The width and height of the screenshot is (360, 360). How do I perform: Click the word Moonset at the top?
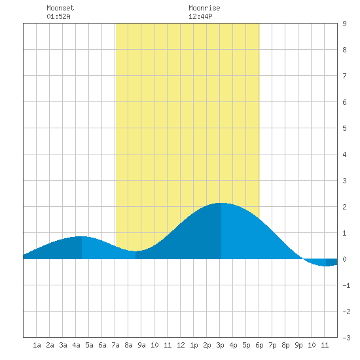60,8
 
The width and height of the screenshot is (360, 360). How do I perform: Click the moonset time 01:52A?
58,16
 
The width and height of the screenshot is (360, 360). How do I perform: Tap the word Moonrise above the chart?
204,8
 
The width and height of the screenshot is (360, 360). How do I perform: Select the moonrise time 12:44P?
200,16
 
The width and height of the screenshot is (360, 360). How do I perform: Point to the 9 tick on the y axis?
344,24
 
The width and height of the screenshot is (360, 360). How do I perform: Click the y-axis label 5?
344,128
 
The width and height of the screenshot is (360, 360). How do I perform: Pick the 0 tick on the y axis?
344,259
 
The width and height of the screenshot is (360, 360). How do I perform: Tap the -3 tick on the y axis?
346,338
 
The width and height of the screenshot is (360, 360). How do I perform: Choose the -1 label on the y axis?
346,285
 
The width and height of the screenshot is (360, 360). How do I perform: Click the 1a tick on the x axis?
37,345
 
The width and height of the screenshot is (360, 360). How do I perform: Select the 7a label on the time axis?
115,345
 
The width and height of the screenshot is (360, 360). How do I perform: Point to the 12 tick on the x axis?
181,345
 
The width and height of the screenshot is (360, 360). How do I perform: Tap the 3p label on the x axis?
220,345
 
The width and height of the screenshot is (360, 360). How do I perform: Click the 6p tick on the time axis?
259,345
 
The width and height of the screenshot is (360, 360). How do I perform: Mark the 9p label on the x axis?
298,345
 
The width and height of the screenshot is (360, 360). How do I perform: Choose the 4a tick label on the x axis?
76,345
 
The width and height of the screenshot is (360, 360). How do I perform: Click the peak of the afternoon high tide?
221,203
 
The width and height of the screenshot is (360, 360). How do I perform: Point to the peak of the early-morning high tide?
82,236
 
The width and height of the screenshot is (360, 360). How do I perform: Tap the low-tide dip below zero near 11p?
326,266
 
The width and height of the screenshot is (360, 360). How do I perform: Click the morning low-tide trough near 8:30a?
135,251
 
